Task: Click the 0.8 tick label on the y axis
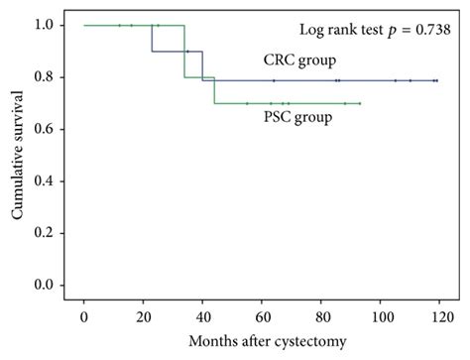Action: pyautogui.click(x=45, y=77)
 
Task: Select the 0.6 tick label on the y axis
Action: pyautogui.click(x=45, y=129)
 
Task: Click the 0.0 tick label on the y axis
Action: pyautogui.click(x=45, y=285)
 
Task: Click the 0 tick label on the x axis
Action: pyautogui.click(x=84, y=320)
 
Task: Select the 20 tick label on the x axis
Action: pyautogui.click(x=143, y=320)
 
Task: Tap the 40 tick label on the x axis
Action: pyautogui.click(x=202, y=320)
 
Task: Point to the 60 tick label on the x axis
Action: pyautogui.click(x=262, y=320)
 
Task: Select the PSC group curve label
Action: pyautogui.click(x=297, y=117)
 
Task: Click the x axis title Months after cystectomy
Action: pyautogui.click(x=262, y=343)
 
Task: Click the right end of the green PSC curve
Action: pyautogui.click(x=360, y=103)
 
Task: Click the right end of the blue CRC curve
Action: pyautogui.click(x=438, y=80)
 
